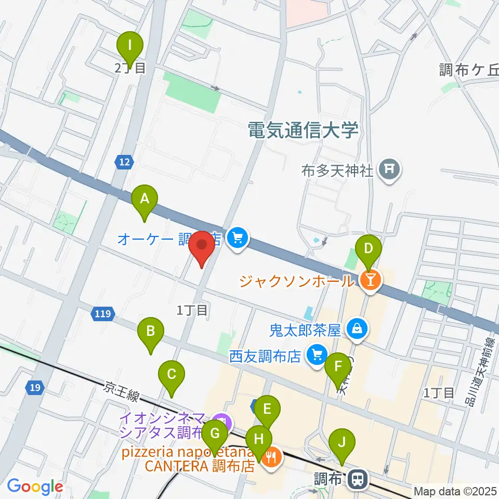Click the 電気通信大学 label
tap(304, 130)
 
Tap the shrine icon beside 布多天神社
tap(388, 168)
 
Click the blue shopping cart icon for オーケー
tap(238, 238)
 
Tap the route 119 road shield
tap(101, 313)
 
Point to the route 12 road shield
tap(123, 163)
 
